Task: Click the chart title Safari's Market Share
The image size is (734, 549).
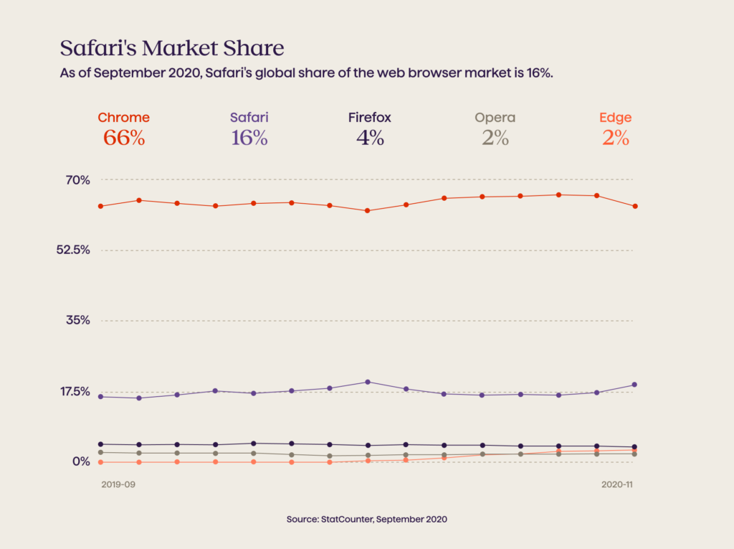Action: pos(172,48)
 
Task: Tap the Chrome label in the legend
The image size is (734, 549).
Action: pos(124,118)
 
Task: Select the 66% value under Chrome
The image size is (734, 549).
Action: pos(124,139)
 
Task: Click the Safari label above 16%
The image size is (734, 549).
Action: pos(249,118)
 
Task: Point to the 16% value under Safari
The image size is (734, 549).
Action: pos(249,139)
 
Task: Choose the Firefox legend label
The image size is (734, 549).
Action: pos(370,118)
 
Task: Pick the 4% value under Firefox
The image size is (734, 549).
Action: pos(370,139)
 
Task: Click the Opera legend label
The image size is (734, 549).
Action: pos(495,118)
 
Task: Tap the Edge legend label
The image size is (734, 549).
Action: pos(615,118)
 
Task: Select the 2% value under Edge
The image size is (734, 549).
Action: pos(615,139)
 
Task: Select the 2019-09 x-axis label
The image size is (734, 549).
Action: pos(118,485)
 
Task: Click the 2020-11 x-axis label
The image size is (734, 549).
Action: pos(618,485)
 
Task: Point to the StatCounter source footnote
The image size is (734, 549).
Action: pos(366,519)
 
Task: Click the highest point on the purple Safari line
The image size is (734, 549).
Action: pos(368,382)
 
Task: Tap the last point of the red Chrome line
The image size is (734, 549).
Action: pos(635,207)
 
